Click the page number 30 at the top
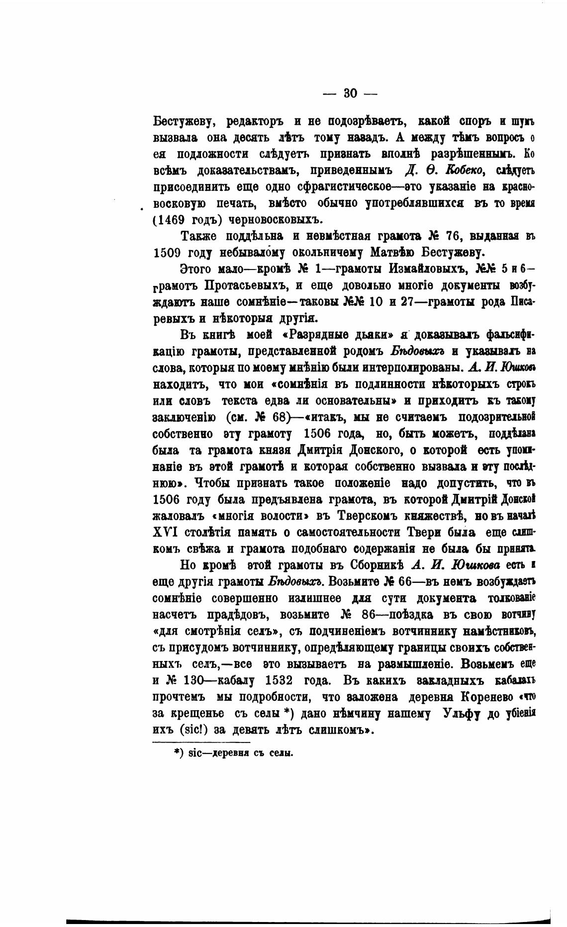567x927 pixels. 350,93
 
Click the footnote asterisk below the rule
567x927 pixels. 177,752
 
